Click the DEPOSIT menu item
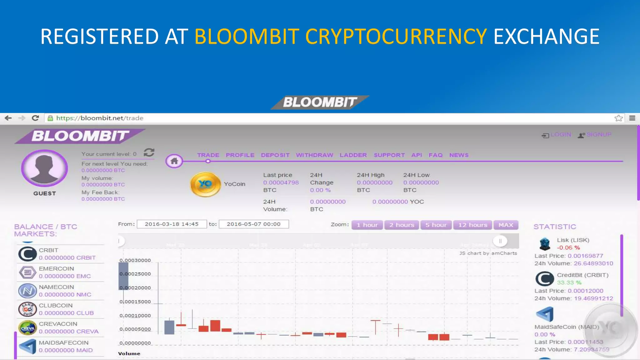[x=275, y=155]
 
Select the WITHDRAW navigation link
[x=314, y=155]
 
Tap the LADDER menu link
[x=353, y=155]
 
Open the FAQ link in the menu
[x=435, y=155]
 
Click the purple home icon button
[x=174, y=161]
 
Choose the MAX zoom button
[x=506, y=225]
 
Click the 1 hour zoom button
[x=367, y=225]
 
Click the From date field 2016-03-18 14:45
[x=172, y=224]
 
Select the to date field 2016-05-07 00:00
[x=253, y=224]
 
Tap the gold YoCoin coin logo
[x=205, y=184]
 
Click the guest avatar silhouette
[x=45, y=168]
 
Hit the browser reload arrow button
[x=35, y=118]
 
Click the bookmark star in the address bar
[x=618, y=118]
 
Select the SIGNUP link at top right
[x=598, y=135]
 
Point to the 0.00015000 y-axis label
[x=135, y=302]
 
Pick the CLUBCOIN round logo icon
[x=27, y=309]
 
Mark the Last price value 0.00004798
[x=281, y=182]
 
